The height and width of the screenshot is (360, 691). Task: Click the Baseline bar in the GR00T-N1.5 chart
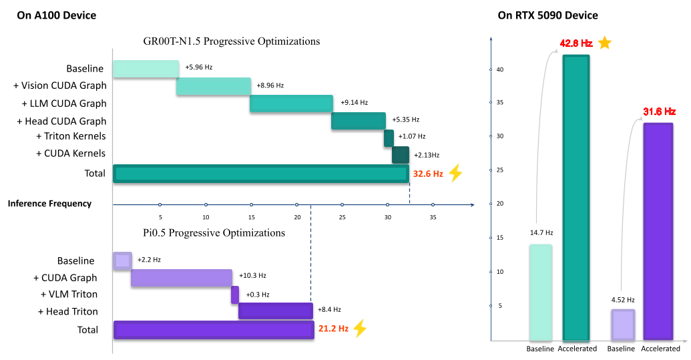point(146,68)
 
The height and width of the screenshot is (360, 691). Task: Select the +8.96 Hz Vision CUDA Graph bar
point(214,86)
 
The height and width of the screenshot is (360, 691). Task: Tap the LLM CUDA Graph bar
point(291,104)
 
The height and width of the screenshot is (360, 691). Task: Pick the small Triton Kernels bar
point(389,138)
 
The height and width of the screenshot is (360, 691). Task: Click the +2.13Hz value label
point(426,155)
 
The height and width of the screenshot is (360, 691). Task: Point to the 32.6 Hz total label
point(428,174)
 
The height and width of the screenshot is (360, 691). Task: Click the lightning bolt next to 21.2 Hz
point(359,329)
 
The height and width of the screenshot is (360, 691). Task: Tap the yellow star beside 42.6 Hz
point(604,43)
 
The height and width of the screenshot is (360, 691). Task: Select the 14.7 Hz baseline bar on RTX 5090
point(540,293)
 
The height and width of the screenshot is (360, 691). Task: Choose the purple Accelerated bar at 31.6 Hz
point(658,232)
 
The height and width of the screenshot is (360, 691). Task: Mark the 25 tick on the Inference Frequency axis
point(342,204)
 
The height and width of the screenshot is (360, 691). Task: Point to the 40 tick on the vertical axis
point(491,69)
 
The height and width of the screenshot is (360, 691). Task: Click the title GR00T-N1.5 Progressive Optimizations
point(232,41)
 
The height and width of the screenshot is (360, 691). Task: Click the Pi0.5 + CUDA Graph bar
point(182,278)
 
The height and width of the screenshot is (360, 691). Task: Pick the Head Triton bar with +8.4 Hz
point(275,311)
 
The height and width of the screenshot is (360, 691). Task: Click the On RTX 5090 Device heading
point(547,15)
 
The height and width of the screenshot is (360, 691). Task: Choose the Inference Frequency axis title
point(49,204)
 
